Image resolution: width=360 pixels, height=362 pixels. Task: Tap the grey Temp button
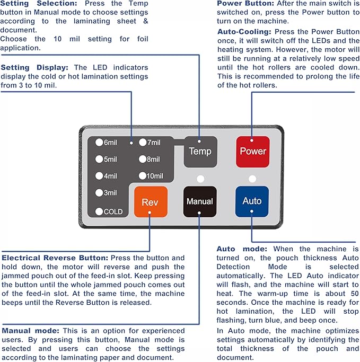200,151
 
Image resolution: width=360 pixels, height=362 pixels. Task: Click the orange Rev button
150,202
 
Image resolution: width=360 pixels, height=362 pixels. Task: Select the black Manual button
199,201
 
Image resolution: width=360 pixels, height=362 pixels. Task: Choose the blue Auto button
252,201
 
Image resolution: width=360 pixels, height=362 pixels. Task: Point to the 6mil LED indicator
99,142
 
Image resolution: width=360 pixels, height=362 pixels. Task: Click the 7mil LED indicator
142,142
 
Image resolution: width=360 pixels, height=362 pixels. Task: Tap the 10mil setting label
155,176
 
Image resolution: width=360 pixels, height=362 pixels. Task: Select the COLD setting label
113,212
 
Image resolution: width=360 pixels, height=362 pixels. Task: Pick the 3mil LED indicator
99,193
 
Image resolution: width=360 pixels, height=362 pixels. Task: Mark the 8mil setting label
153,159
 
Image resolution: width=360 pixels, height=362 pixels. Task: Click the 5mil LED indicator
99,159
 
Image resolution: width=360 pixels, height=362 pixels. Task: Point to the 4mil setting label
110,176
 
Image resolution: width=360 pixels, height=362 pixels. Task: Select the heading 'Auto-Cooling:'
243,32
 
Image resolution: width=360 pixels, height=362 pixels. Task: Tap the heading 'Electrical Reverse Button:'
55,258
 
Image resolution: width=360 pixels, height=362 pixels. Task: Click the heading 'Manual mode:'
30,331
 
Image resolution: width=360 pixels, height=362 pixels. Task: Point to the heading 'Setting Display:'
34,67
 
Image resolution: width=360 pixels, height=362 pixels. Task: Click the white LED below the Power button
252,178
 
